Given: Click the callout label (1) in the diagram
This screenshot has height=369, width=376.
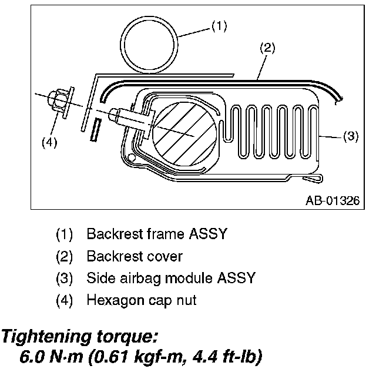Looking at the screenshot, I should (x=219, y=26).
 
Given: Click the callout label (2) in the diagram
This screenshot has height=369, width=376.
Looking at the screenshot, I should (x=267, y=49).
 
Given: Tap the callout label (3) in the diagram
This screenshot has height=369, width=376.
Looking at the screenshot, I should (x=350, y=136).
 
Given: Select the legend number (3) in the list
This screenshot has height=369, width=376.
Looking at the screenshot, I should (x=64, y=278).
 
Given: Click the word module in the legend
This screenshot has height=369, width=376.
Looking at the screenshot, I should (x=174, y=278).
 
